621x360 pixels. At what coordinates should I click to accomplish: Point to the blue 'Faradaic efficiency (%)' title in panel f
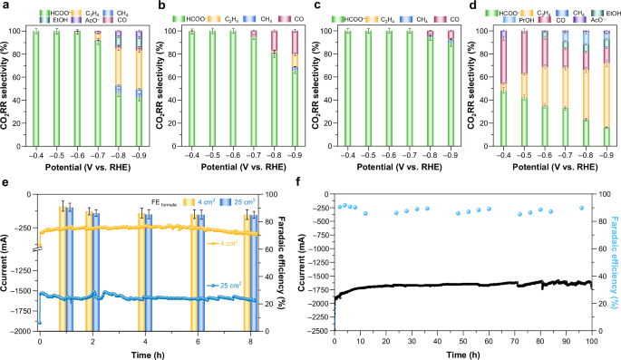point(614,268)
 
